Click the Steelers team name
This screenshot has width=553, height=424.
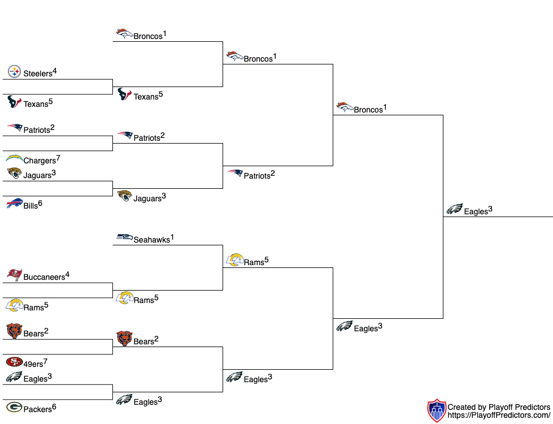(37, 73)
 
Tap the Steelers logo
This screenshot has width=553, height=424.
(14, 72)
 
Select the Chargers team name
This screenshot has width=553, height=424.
(40, 161)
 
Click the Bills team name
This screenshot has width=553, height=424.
(31, 206)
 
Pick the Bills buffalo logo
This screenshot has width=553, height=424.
(14, 204)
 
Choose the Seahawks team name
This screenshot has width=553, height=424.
(151, 240)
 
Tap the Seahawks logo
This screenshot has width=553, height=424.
(124, 237)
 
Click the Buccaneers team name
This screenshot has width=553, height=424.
(44, 278)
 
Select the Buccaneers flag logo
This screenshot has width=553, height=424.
(14, 275)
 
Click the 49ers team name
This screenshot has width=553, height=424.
(33, 364)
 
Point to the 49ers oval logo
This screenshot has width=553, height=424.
(14, 362)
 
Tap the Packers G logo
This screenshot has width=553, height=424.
(14, 407)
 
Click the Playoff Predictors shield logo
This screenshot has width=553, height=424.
(436, 410)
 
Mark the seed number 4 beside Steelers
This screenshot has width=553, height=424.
(55, 71)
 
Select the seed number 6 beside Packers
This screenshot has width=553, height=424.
(54, 406)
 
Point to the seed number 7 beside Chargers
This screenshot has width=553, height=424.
(58, 158)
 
